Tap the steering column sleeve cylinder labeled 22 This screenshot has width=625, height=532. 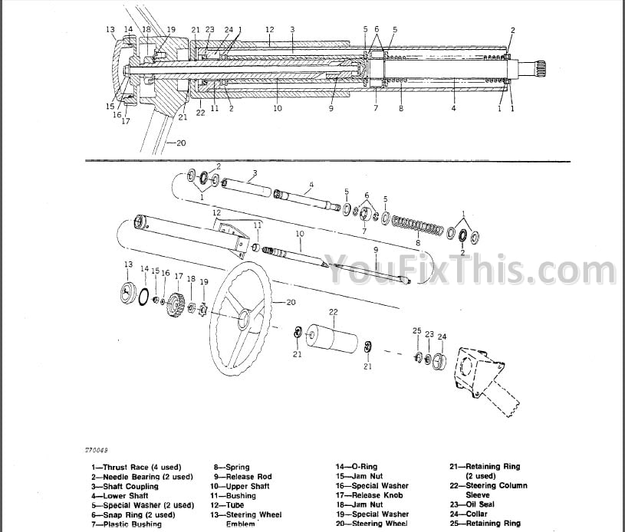click(331, 338)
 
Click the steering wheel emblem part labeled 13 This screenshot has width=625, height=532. click(128, 292)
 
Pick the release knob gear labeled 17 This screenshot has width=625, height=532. click(175, 305)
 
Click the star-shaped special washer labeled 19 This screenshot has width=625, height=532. click(204, 308)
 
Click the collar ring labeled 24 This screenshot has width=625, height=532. click(439, 360)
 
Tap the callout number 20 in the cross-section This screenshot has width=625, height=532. click(181, 143)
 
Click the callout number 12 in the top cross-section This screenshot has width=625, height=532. click(270, 29)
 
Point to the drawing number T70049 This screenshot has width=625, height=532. click(96, 450)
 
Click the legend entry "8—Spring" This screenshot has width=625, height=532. click(232, 467)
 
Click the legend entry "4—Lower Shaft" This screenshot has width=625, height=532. click(120, 496)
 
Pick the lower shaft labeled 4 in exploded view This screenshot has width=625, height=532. click(307, 199)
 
